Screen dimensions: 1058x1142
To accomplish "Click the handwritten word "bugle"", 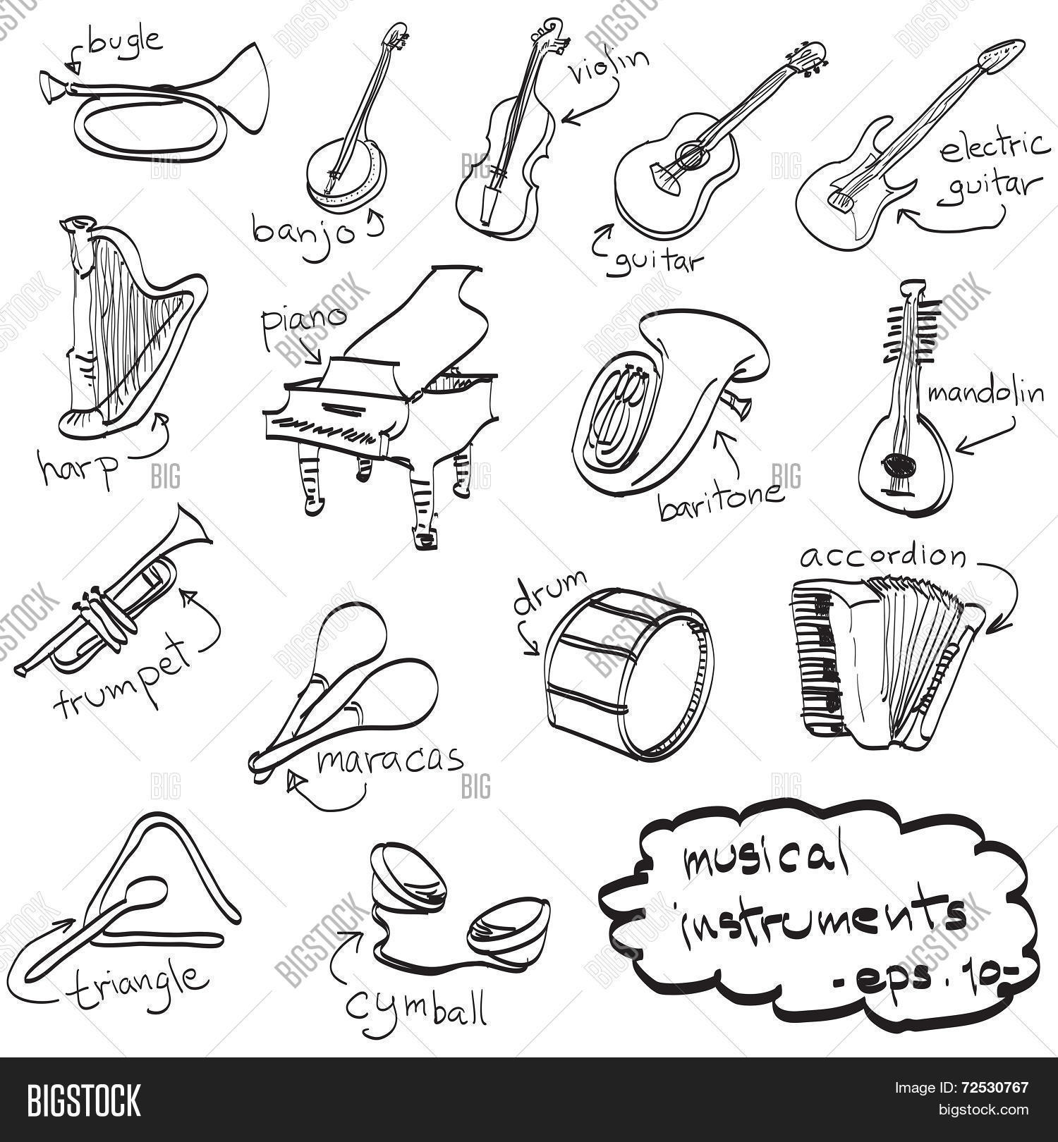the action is click(126, 42).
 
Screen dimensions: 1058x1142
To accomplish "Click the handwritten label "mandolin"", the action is click(985, 391).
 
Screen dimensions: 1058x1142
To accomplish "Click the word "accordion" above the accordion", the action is click(882, 557).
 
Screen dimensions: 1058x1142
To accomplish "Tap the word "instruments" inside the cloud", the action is click(822, 916).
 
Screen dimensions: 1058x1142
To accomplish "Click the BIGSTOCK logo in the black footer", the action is click(84, 1100).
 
